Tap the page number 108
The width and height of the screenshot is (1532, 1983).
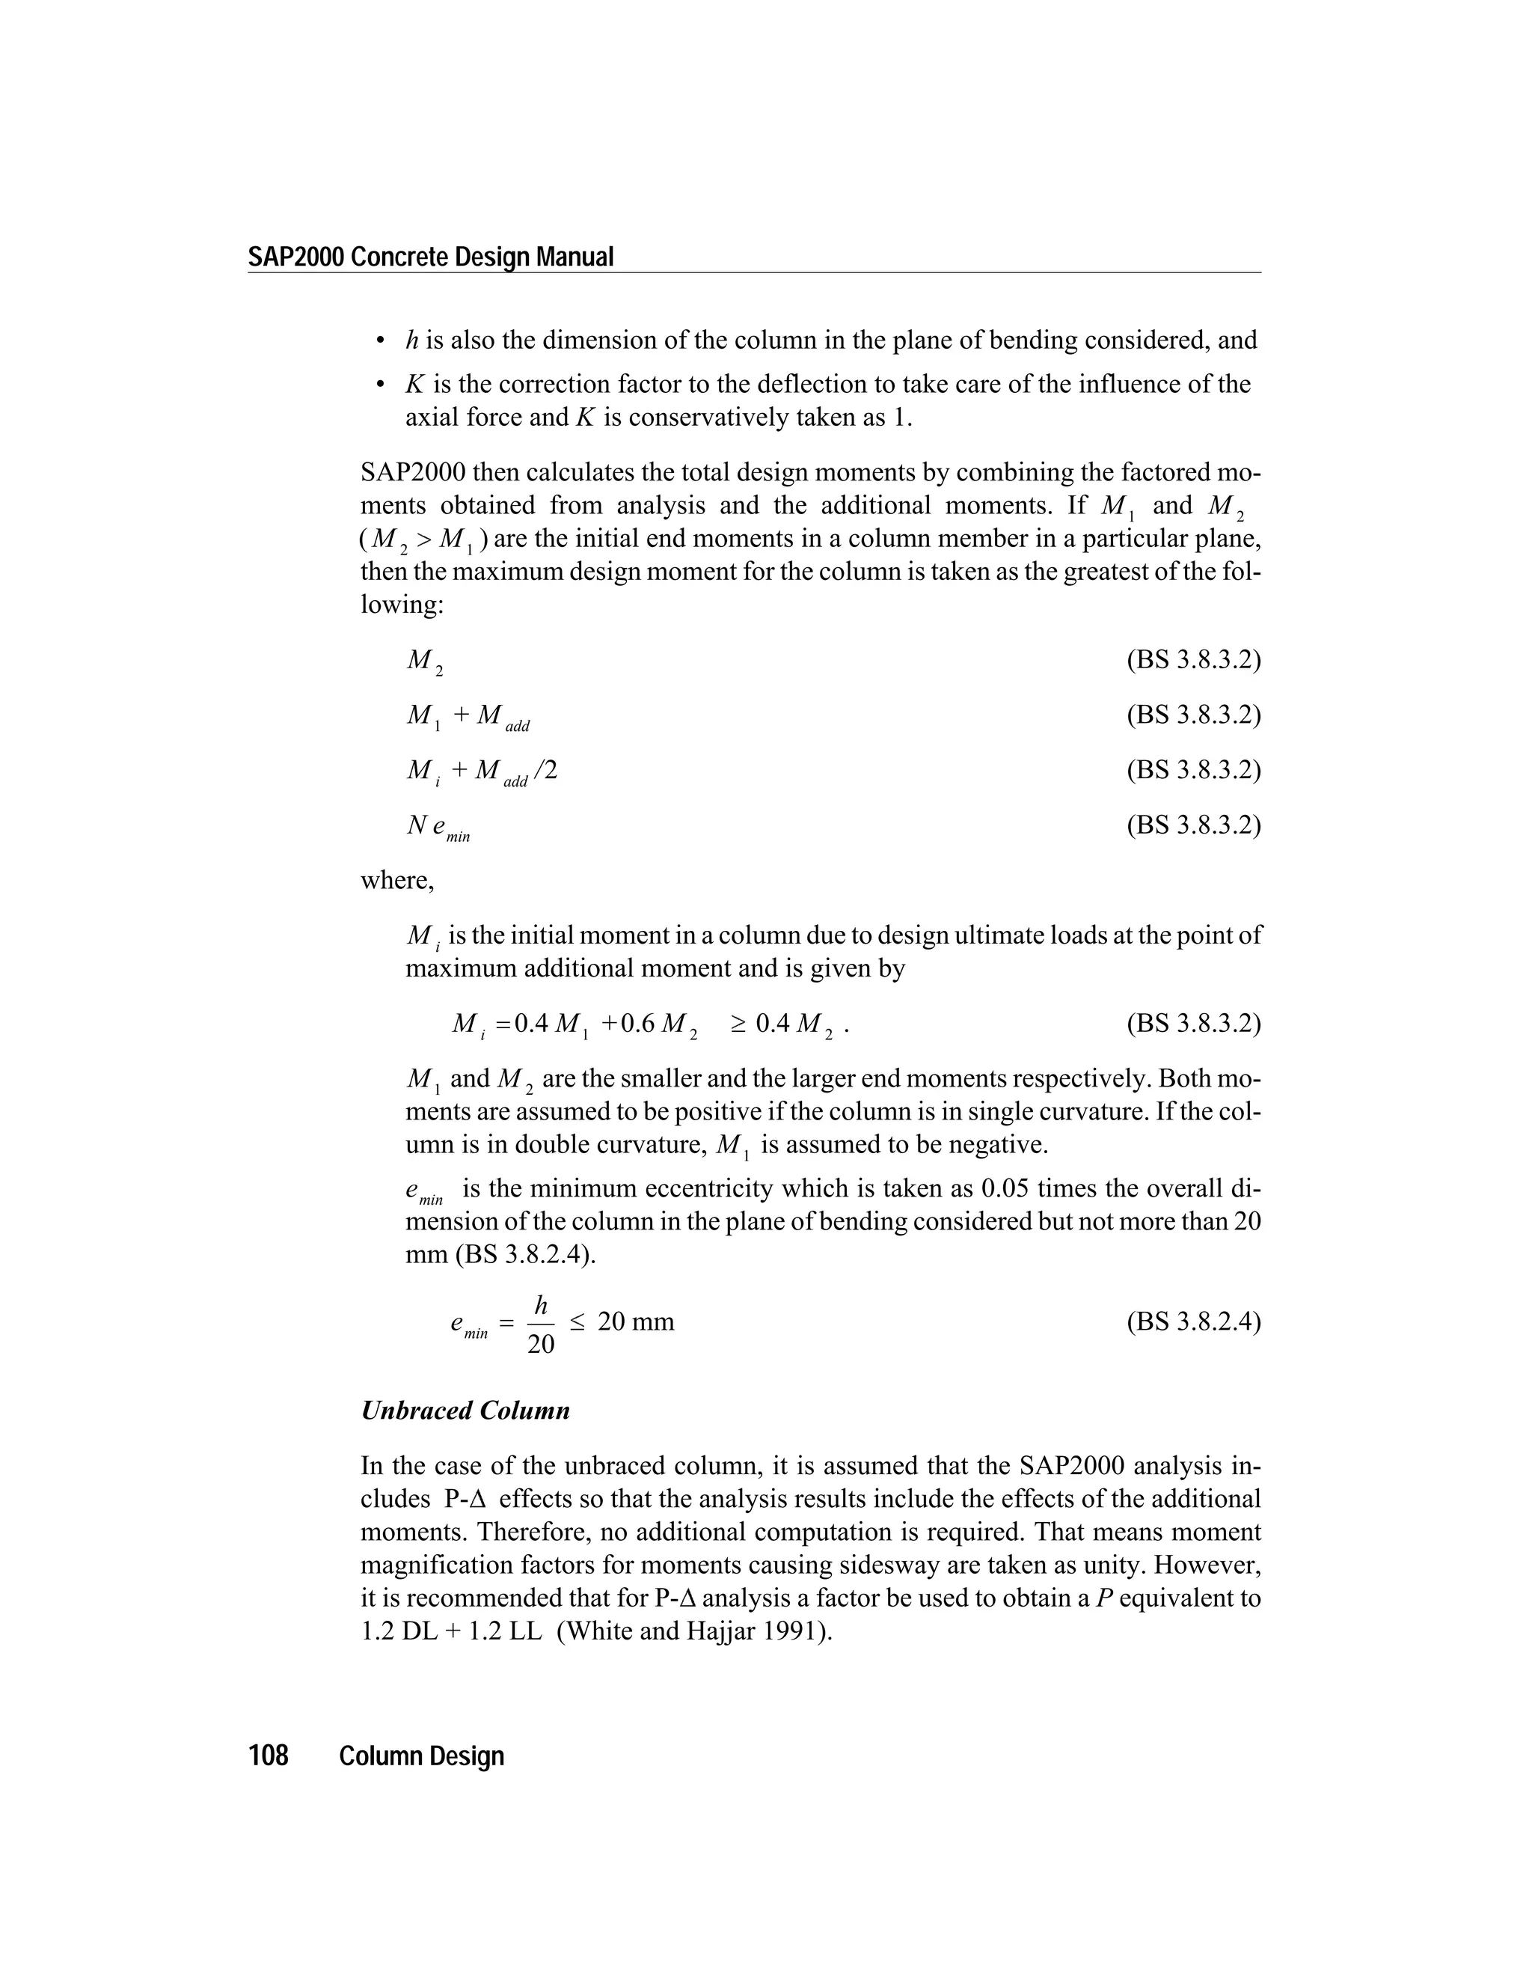(268, 1755)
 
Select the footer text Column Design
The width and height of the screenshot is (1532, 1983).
(421, 1755)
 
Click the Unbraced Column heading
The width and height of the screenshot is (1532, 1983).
(465, 1410)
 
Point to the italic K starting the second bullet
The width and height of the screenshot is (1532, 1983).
(414, 384)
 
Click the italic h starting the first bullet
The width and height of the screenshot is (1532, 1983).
(411, 340)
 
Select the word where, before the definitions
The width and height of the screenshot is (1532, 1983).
(396, 880)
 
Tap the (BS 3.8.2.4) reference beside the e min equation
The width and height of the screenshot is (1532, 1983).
(1193, 1321)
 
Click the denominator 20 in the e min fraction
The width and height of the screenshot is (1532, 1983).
(540, 1344)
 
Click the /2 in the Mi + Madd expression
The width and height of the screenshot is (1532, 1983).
(545, 770)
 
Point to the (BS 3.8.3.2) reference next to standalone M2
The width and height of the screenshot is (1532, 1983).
(1193, 659)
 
